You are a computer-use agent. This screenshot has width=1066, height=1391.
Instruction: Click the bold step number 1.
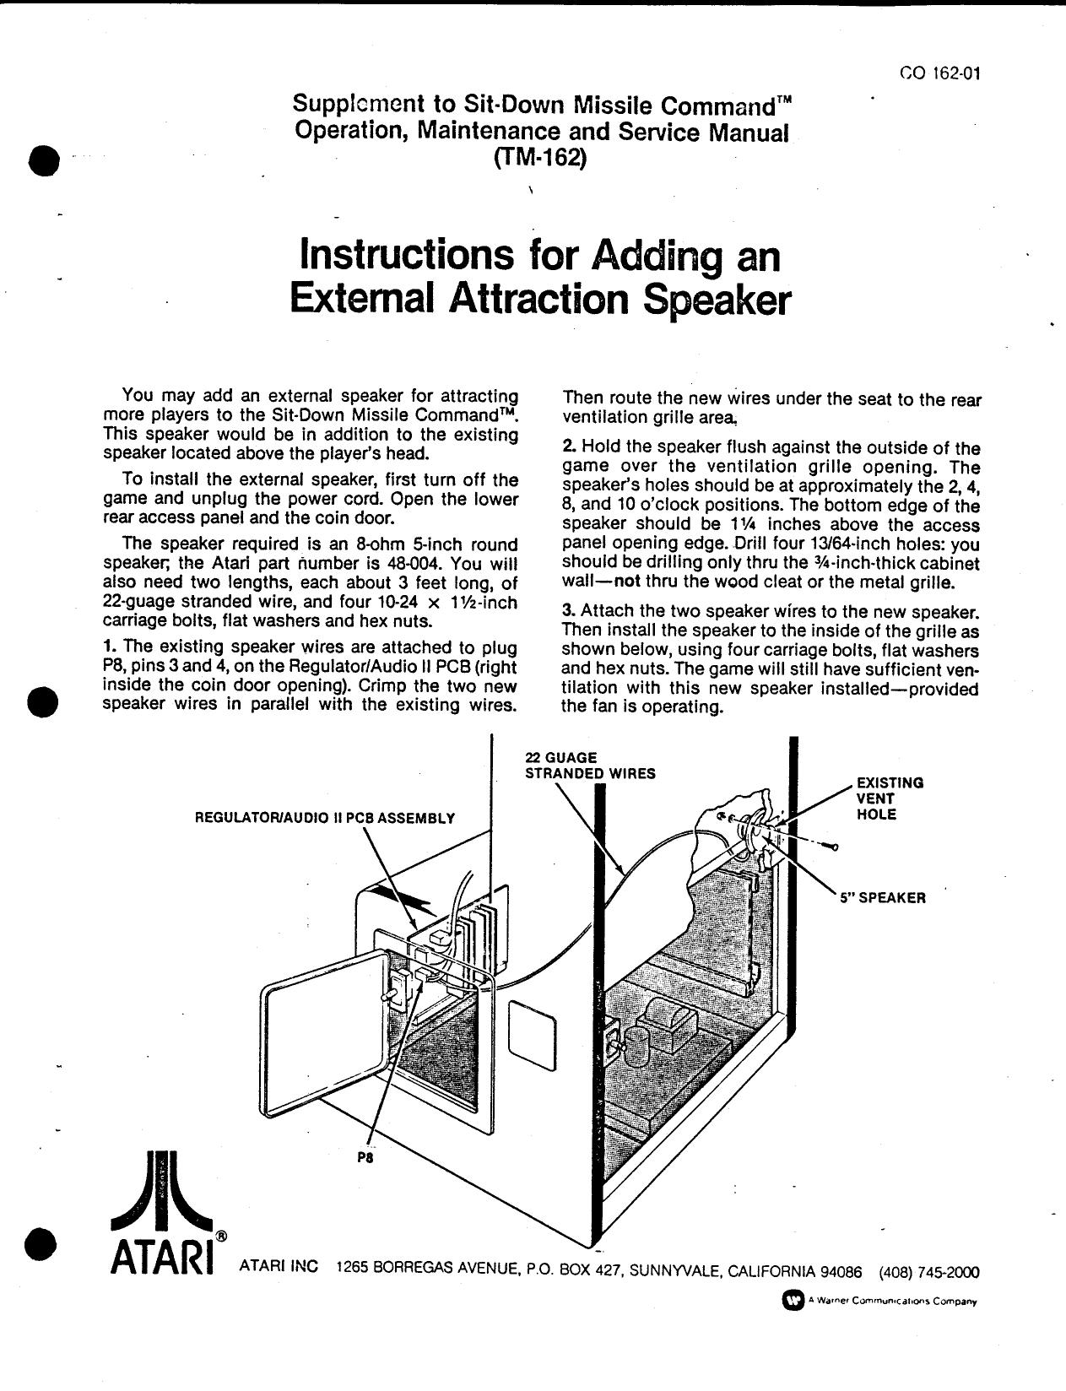[108, 647]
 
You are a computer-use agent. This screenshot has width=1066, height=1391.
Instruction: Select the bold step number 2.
[568, 447]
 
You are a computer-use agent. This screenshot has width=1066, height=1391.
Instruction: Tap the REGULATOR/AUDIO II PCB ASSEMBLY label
[324, 817]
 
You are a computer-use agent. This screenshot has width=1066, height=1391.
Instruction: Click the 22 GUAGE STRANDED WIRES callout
[589, 766]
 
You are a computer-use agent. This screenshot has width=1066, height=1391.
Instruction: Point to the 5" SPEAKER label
[882, 898]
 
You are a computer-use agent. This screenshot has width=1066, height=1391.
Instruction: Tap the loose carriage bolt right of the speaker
[830, 847]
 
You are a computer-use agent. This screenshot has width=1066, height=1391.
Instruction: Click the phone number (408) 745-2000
[928, 1272]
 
